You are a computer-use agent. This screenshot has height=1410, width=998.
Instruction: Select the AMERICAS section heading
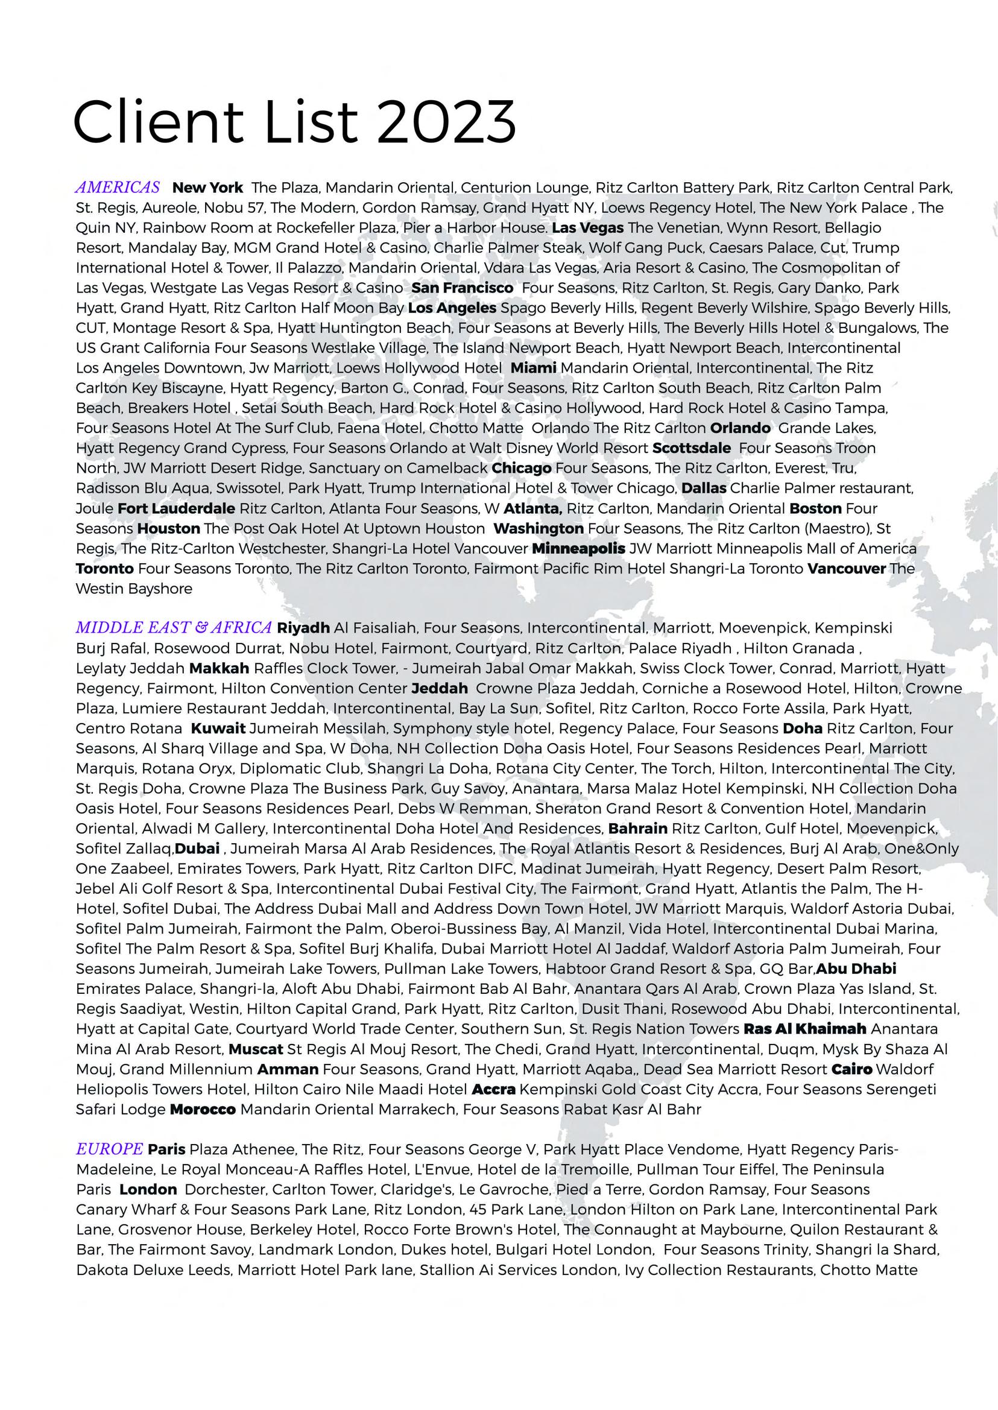click(x=118, y=188)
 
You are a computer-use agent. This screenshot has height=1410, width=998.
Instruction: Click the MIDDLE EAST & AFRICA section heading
click(x=173, y=628)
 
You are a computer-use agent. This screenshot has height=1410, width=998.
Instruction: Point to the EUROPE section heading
click(x=109, y=1149)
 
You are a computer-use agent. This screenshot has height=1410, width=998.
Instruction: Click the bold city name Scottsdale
click(x=691, y=448)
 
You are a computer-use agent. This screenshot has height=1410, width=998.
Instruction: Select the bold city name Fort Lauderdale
click(x=176, y=508)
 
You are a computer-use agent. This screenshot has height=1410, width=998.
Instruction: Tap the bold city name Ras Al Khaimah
click(x=804, y=1029)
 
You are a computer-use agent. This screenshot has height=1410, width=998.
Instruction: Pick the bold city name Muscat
click(x=256, y=1049)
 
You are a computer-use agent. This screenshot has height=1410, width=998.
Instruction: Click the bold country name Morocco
click(x=203, y=1110)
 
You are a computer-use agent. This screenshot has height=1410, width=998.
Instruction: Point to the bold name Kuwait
click(x=218, y=729)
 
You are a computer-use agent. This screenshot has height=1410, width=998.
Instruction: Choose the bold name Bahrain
click(x=638, y=829)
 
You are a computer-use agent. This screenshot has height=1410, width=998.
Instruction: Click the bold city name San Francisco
click(x=462, y=288)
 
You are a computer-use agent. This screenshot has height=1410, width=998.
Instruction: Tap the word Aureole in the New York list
click(x=169, y=207)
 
